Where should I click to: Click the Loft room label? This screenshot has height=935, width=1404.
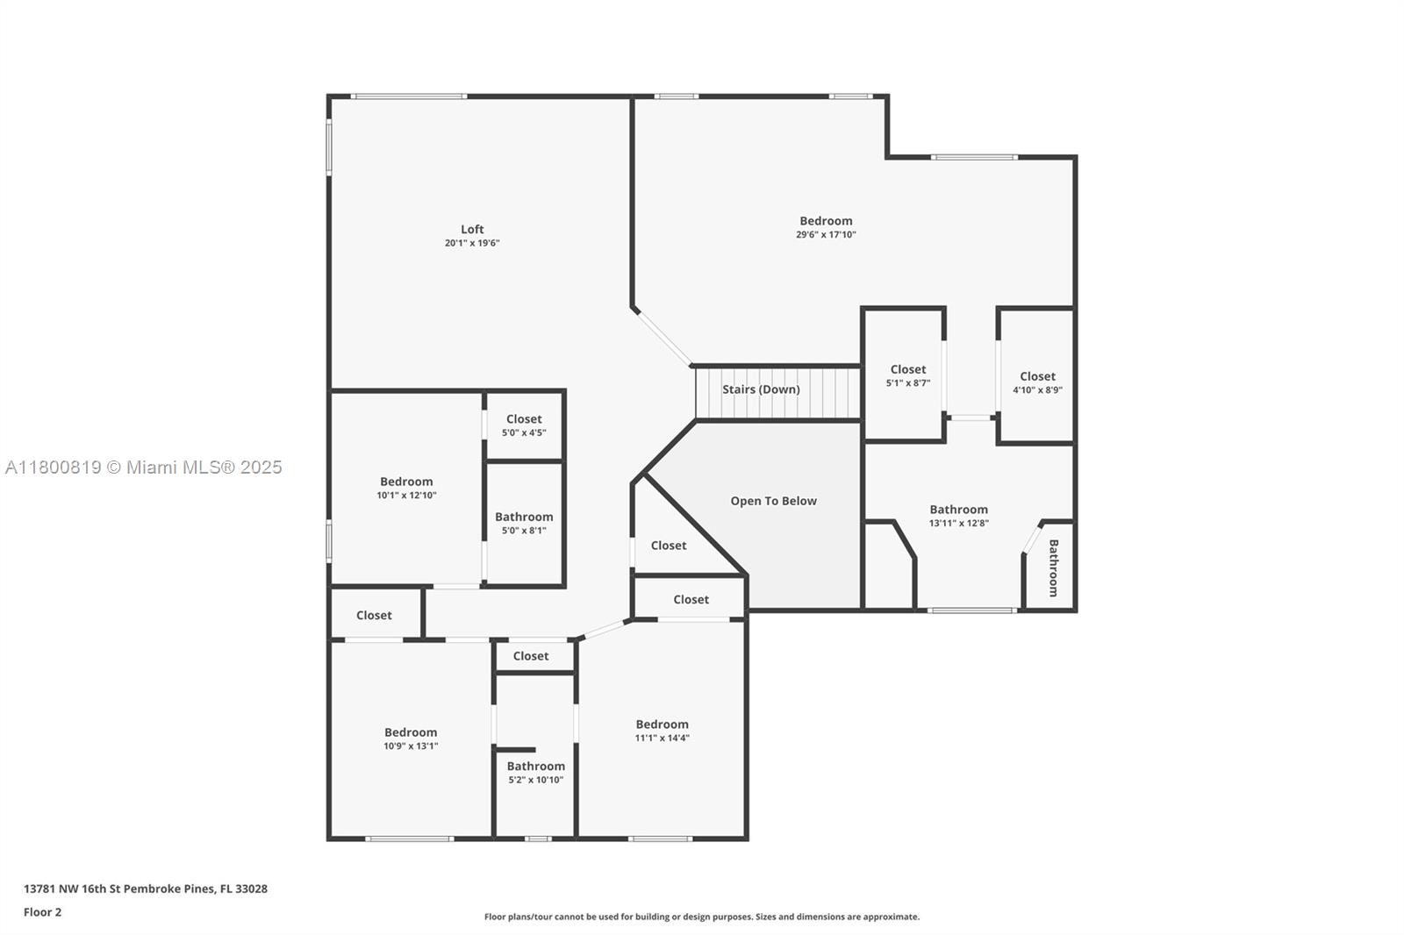[472, 229]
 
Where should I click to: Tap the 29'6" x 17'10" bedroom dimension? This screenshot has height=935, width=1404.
[826, 234]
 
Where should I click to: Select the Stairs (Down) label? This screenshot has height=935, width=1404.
[761, 389]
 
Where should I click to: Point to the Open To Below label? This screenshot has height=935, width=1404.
[773, 501]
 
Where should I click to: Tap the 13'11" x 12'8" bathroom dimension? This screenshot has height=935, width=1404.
[959, 524]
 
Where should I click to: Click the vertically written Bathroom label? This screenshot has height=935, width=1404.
[1054, 567]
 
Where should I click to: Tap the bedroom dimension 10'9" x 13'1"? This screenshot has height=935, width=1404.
[412, 746]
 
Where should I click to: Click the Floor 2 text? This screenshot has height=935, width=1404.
[43, 912]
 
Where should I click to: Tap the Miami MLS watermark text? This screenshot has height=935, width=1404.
[144, 467]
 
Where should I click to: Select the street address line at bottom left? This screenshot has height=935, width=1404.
[146, 889]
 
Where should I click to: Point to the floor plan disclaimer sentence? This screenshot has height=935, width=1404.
[702, 917]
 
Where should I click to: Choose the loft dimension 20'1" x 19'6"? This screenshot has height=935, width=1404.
[472, 243]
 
